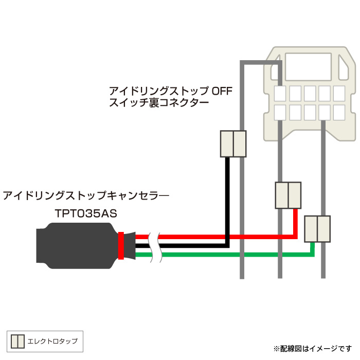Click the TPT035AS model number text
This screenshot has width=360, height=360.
pyautogui.click(x=86, y=213)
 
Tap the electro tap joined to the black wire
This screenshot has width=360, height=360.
pyautogui.click(x=233, y=143)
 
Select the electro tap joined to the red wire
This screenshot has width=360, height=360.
pyautogui.click(x=288, y=195)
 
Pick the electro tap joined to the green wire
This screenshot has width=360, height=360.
pyautogui.click(x=317, y=229)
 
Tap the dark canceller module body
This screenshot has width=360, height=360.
pyautogui.click(x=77, y=246)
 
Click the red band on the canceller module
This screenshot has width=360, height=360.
pyautogui.click(x=121, y=246)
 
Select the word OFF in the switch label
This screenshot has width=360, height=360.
pyautogui.click(x=222, y=92)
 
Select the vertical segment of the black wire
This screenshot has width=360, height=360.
pyautogui.click(x=226, y=201)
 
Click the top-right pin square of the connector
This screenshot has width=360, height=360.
pyautogui.click(x=339, y=93)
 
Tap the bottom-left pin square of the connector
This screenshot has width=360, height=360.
pyautogui.click(x=280, y=112)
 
